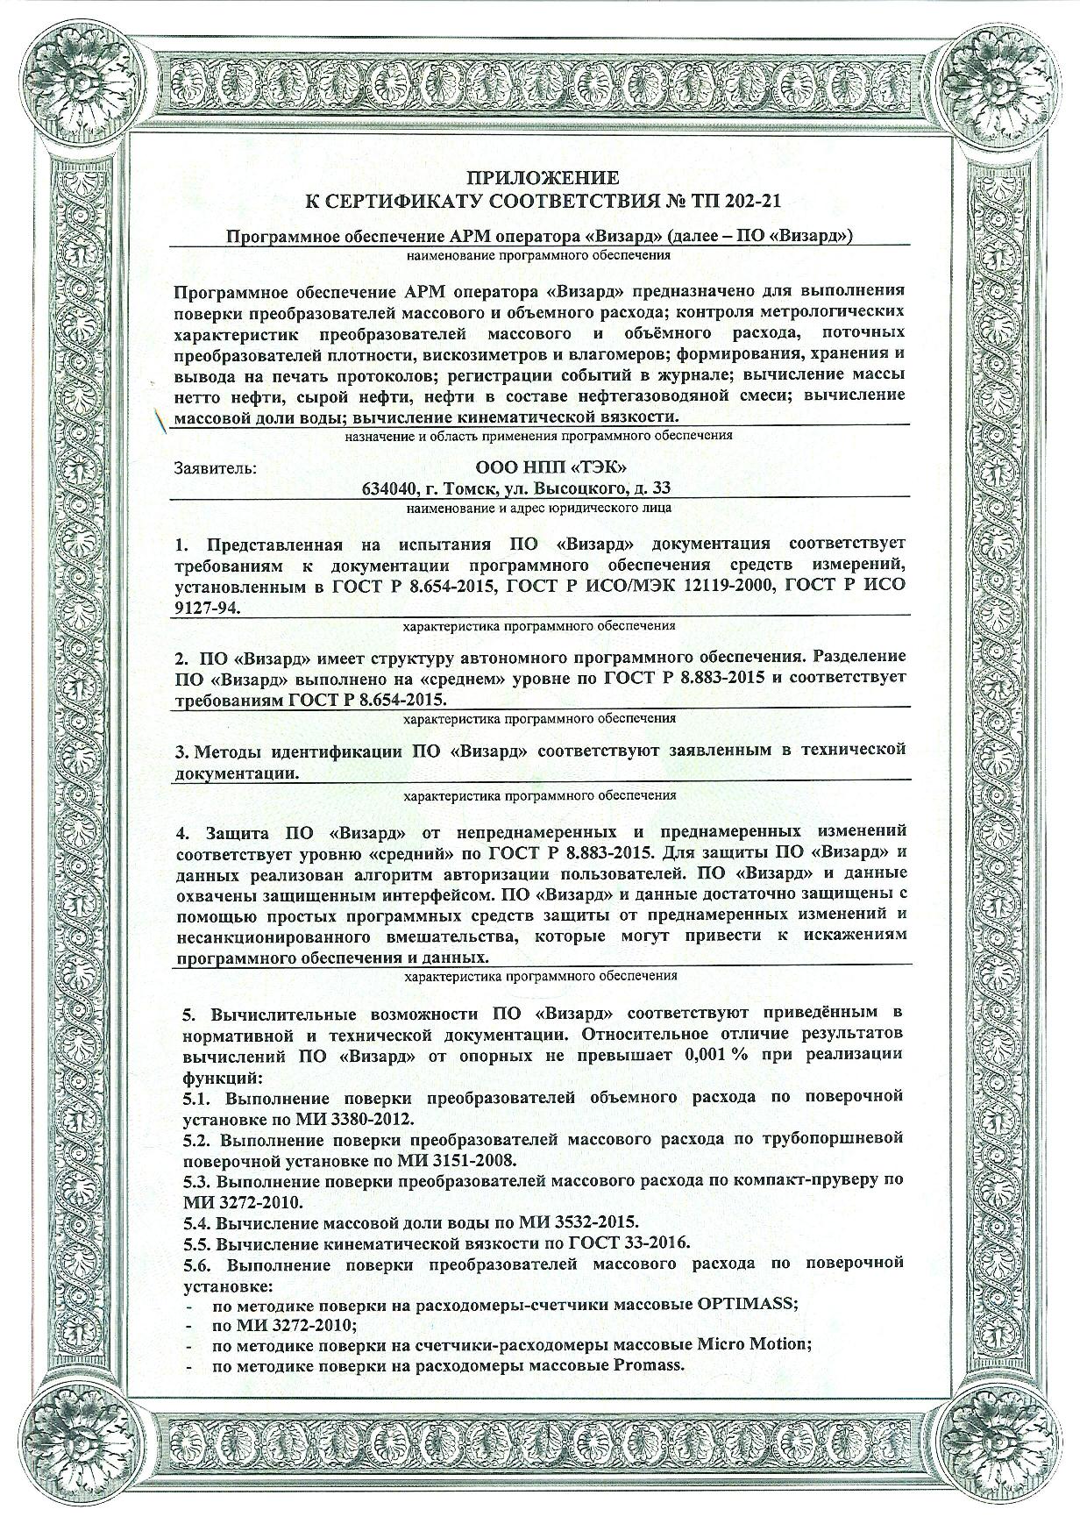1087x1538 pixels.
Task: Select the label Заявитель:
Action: point(216,467)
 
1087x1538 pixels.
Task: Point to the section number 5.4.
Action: point(197,1221)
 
